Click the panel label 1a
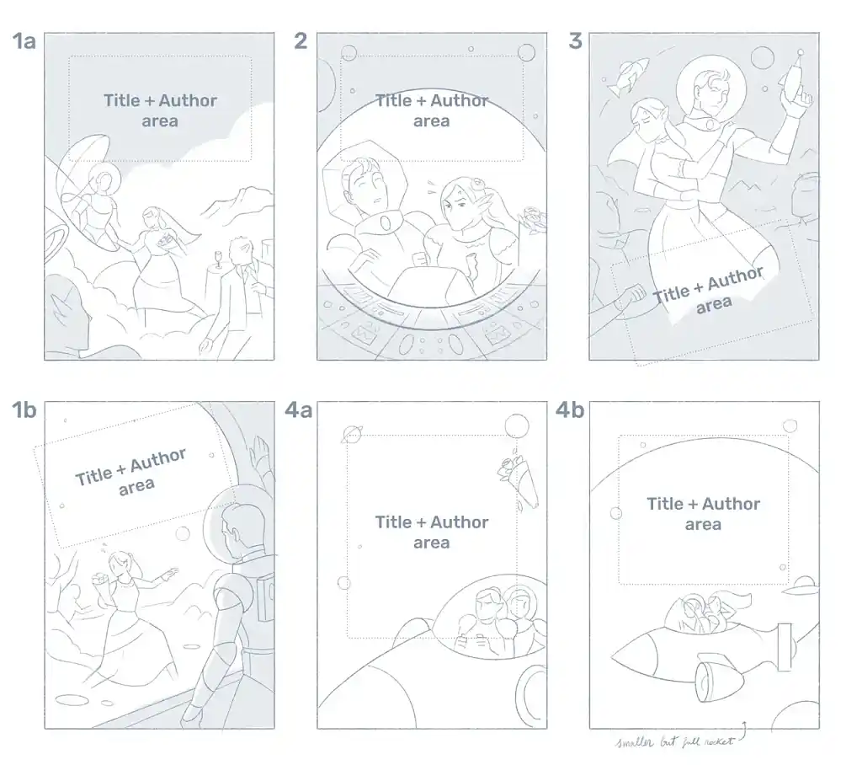(24, 40)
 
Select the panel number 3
(576, 40)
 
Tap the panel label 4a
(298, 410)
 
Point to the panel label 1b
(24, 410)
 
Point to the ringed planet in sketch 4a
(350, 435)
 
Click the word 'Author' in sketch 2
(459, 100)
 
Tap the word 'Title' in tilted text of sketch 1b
(93, 476)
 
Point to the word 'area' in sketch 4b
(703, 524)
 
